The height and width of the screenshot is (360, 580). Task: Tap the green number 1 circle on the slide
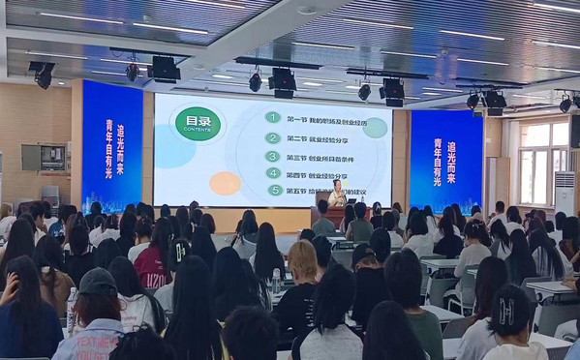point(273,117)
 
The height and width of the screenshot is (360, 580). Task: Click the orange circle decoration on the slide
point(225,183)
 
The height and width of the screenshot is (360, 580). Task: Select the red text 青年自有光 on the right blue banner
point(438,165)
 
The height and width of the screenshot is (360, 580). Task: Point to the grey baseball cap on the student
point(97,282)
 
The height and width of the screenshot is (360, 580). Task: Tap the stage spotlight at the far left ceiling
point(43,75)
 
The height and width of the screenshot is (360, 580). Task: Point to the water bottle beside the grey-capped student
point(72,308)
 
